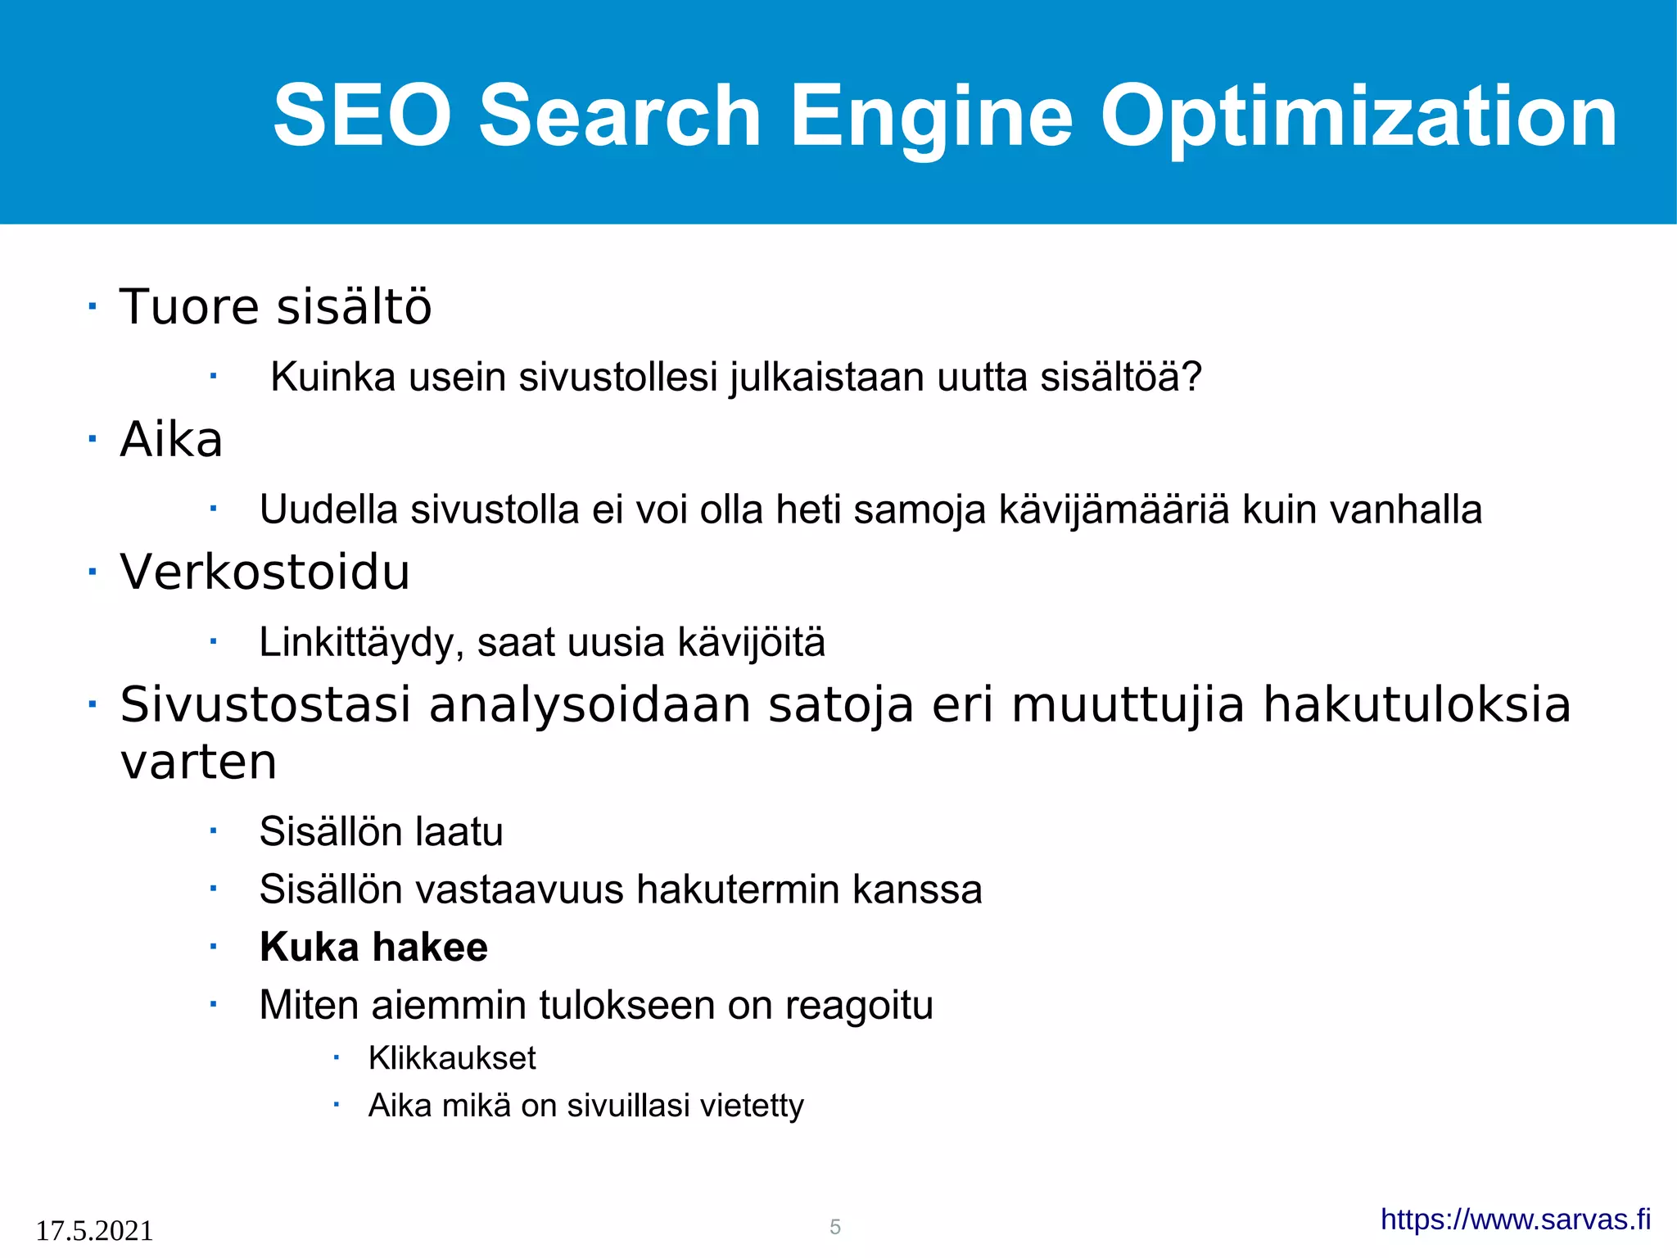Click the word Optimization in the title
(x=1358, y=116)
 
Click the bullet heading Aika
(x=171, y=440)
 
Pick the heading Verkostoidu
(x=264, y=572)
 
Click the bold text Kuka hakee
(x=373, y=948)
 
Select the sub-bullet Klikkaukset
(x=452, y=1058)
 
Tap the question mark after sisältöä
(x=1192, y=378)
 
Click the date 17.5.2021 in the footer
(x=94, y=1231)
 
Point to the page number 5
(x=835, y=1227)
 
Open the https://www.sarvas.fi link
(x=1516, y=1220)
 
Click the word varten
(x=198, y=762)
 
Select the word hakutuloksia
(x=1417, y=704)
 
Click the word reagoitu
(x=859, y=1006)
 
